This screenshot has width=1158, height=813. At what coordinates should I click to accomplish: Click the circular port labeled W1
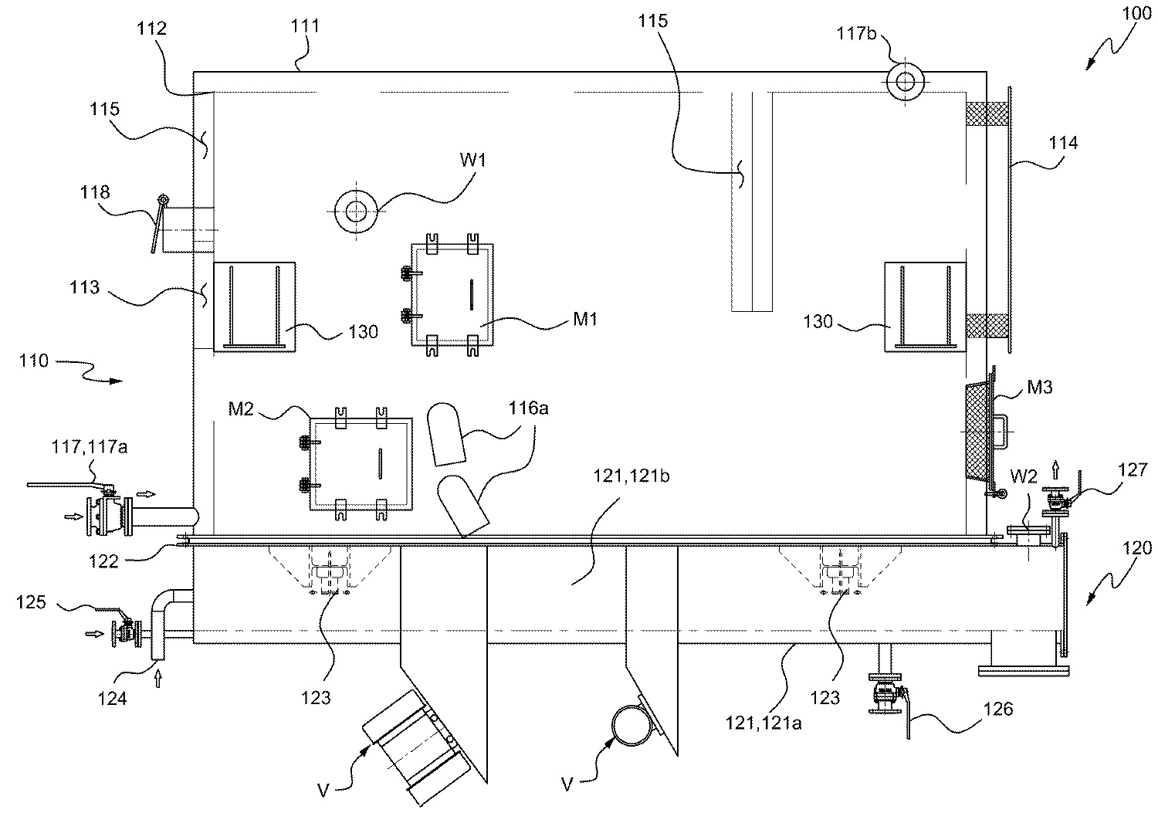tap(356, 210)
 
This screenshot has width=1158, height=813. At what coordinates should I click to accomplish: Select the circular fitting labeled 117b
tap(905, 80)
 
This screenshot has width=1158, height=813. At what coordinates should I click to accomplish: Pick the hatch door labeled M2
tap(360, 464)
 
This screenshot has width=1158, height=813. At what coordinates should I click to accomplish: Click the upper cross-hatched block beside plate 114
tap(987, 114)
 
